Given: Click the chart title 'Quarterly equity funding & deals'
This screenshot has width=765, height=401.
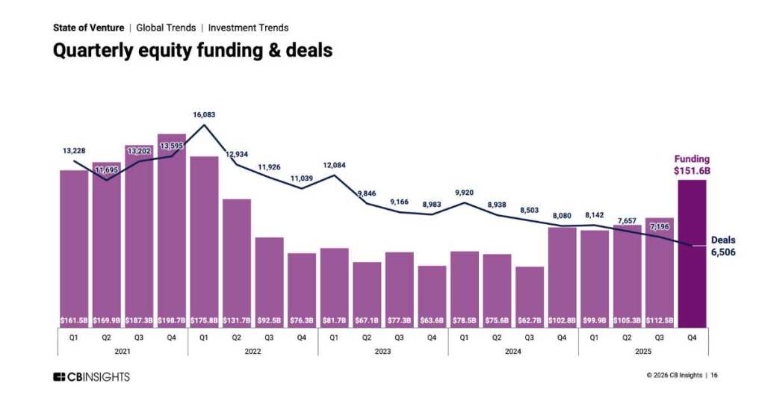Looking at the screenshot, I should (192, 51).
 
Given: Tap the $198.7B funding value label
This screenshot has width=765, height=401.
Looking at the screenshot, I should (172, 320).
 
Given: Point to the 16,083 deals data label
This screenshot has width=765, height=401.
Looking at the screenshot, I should (203, 115).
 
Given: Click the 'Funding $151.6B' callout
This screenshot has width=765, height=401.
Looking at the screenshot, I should (692, 165).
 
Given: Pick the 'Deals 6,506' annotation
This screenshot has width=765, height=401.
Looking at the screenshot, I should (722, 246).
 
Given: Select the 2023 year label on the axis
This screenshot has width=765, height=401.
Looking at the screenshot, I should (382, 350).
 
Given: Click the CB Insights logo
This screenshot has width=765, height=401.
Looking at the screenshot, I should (91, 376).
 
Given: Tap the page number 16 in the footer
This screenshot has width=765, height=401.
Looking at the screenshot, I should (714, 376).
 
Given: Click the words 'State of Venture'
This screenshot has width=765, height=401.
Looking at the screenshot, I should (88, 28).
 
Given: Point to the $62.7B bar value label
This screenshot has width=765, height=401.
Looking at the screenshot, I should (530, 320).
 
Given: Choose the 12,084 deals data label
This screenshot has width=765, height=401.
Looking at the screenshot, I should (334, 165).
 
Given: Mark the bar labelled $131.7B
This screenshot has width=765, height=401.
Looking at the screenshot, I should (237, 261).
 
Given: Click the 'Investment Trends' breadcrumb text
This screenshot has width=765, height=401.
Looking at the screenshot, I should (248, 28).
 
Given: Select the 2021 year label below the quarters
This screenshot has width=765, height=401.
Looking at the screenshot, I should (123, 350).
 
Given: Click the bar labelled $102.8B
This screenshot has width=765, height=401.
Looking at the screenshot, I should (562, 276).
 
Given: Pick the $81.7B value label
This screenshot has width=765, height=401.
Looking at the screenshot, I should (334, 320).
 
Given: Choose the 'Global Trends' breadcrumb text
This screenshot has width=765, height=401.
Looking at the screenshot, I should (166, 28).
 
